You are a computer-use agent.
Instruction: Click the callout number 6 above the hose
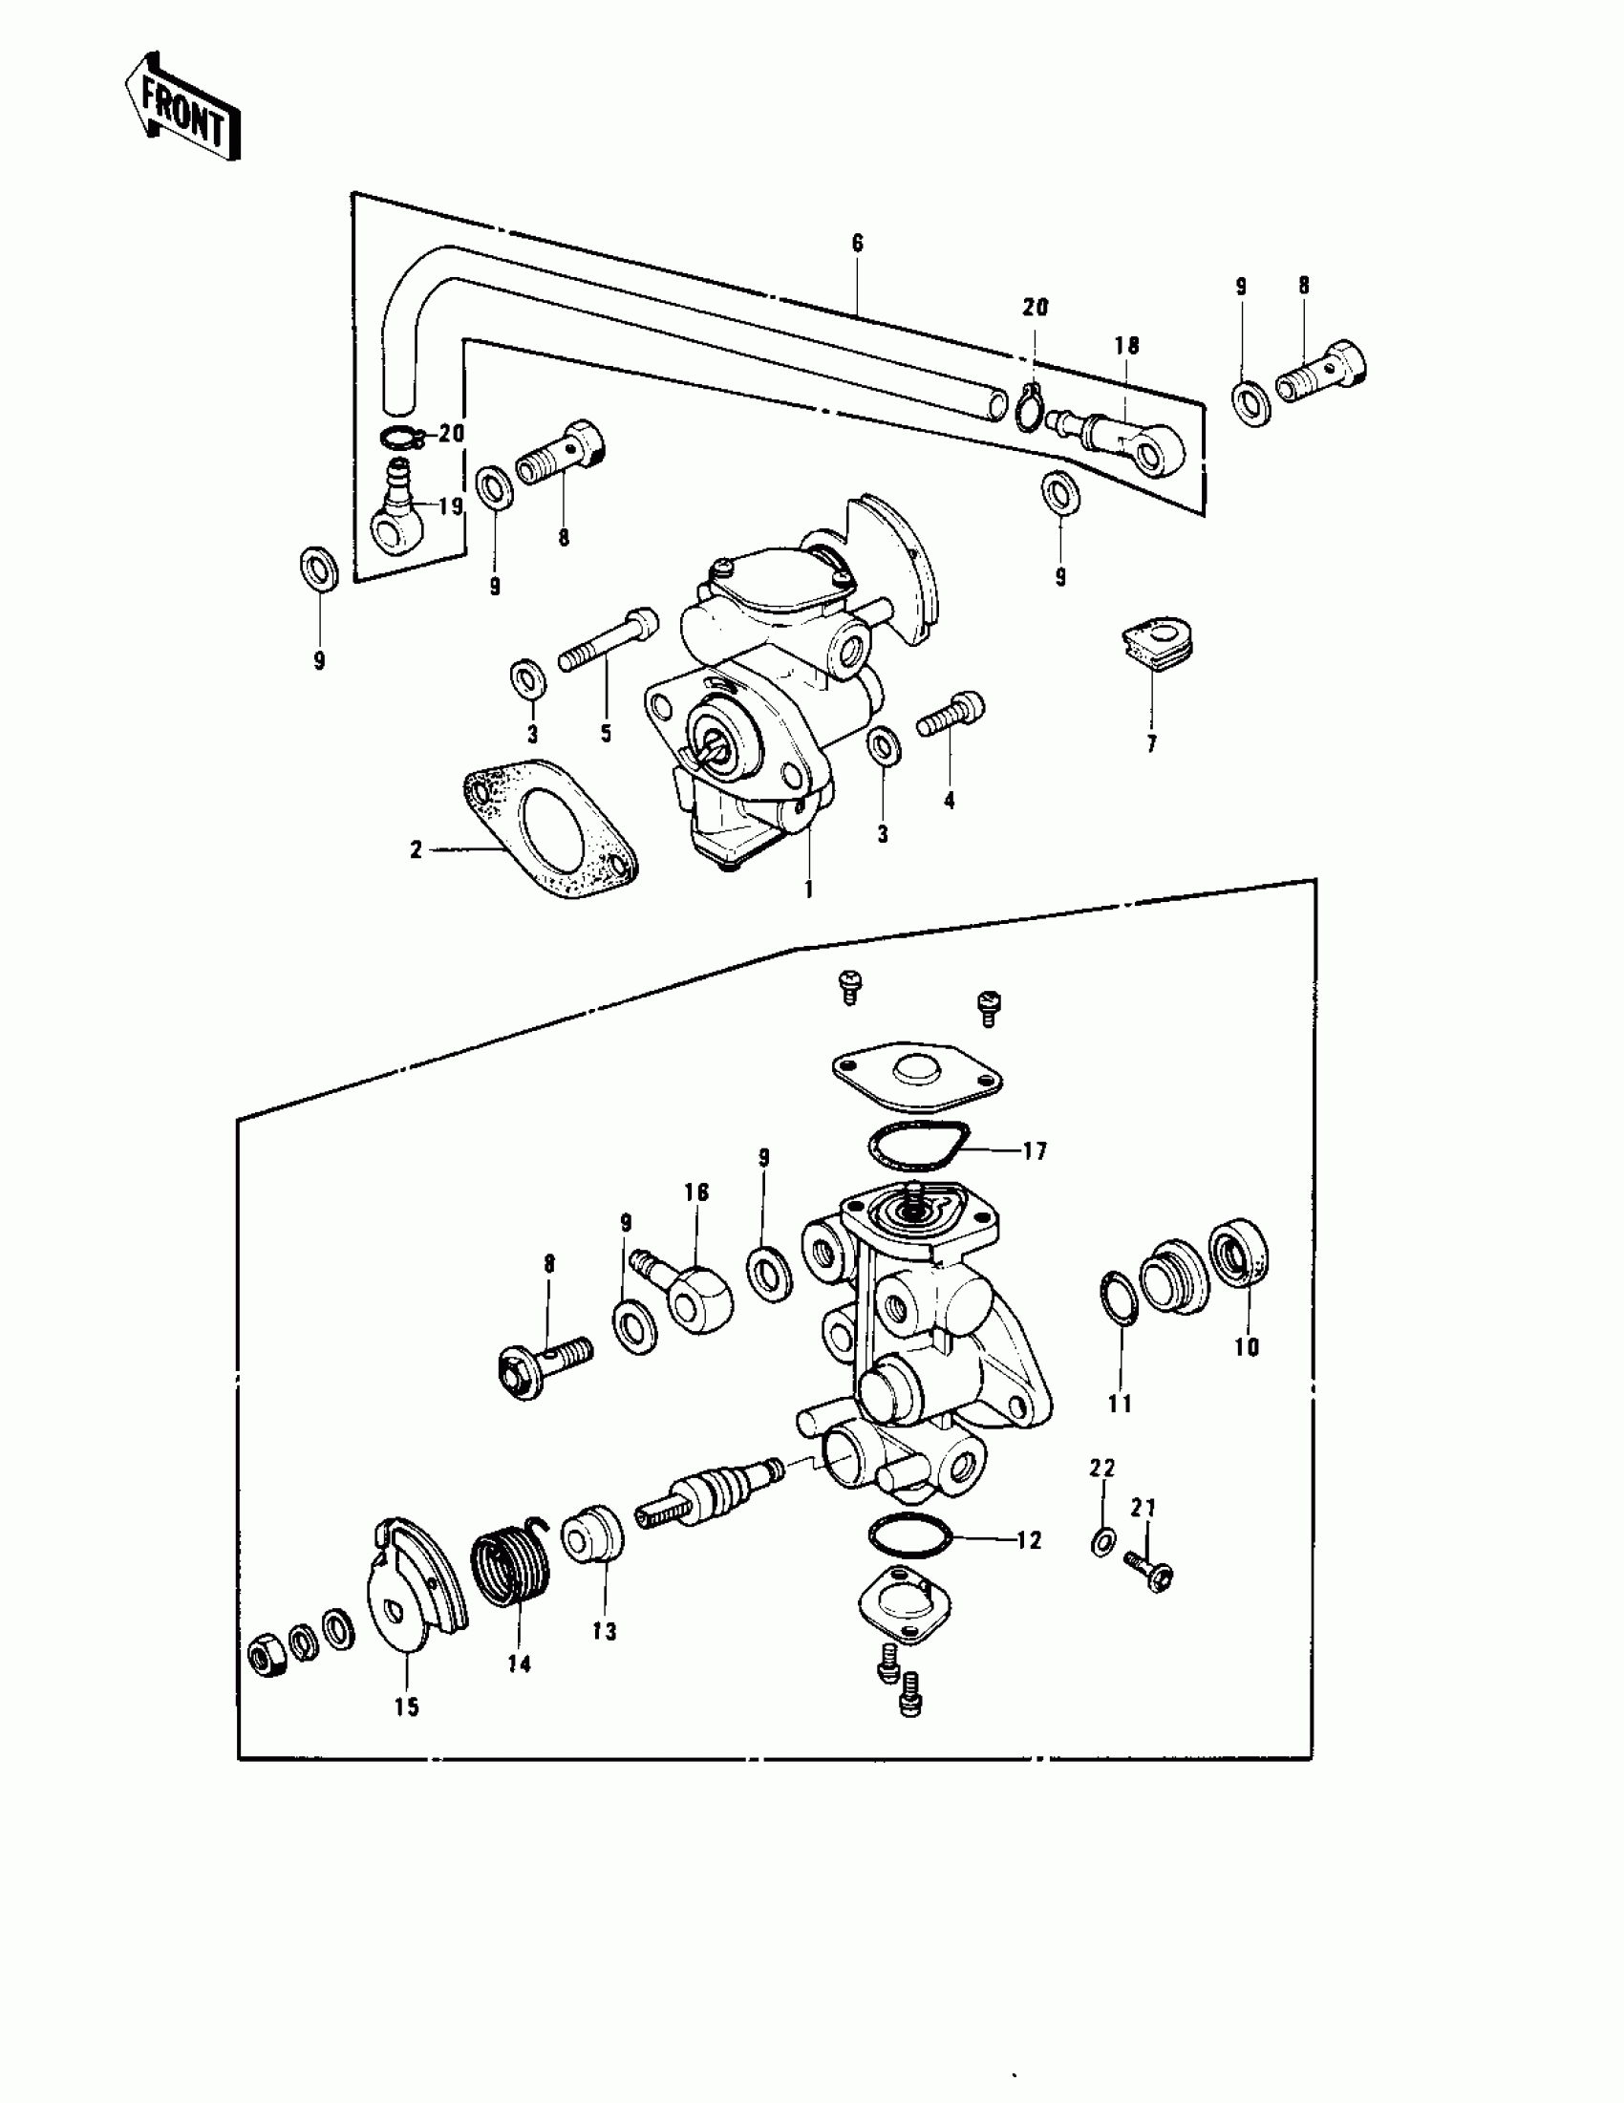tap(858, 243)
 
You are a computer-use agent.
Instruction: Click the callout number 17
tap(1035, 1150)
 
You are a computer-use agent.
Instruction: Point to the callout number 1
tap(808, 890)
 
